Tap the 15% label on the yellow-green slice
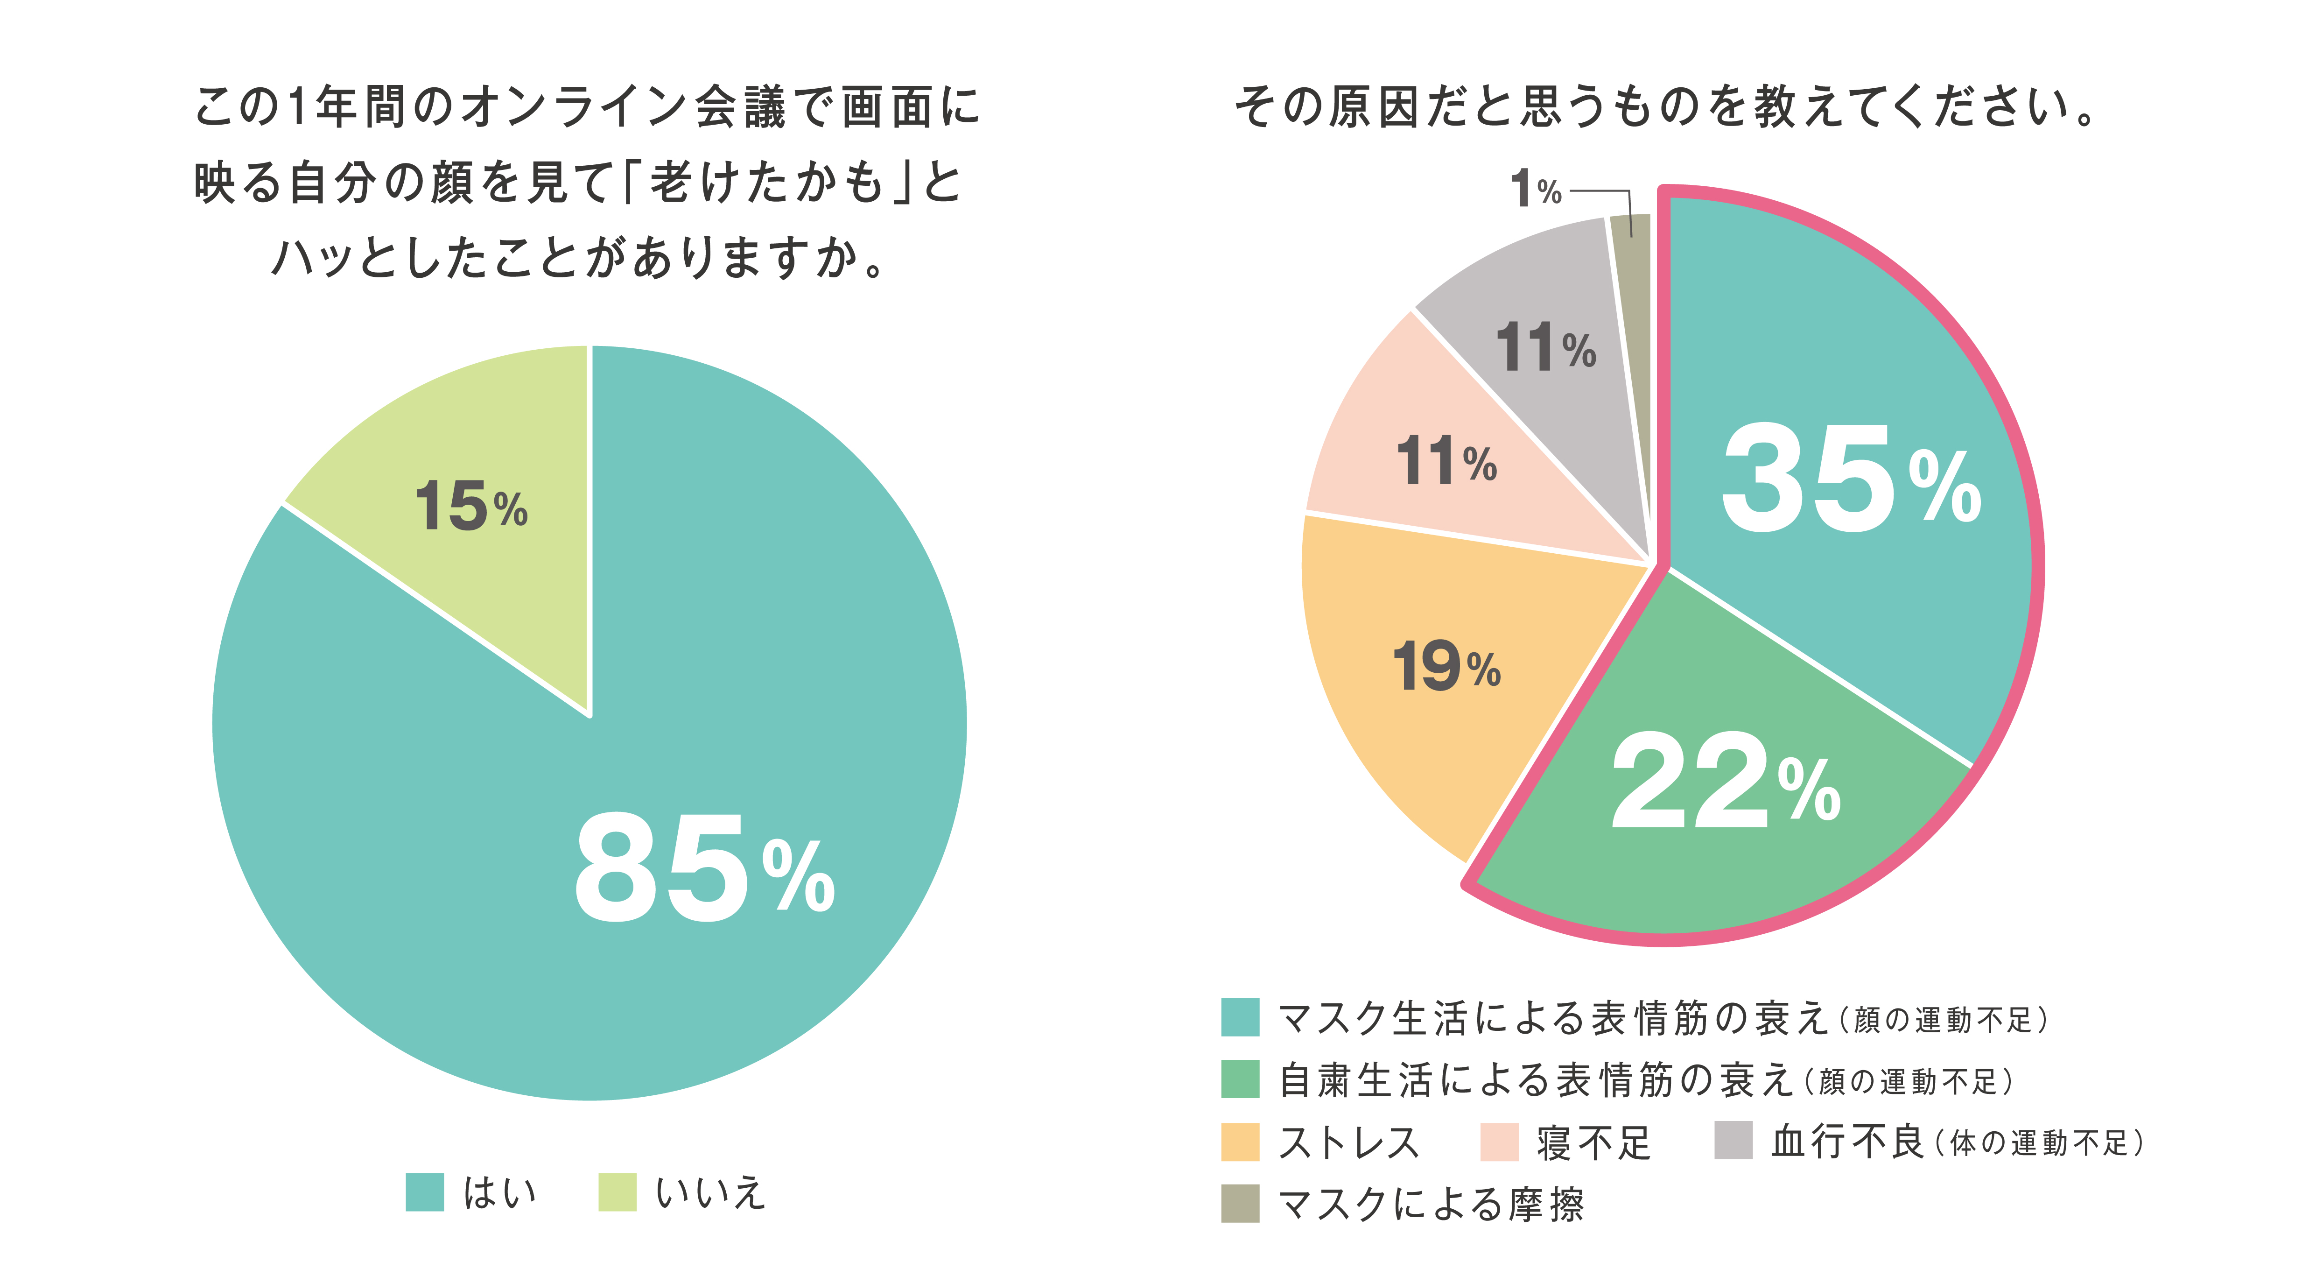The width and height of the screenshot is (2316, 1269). pyautogui.click(x=471, y=507)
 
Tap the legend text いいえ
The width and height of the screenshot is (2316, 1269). pyautogui.click(x=710, y=1192)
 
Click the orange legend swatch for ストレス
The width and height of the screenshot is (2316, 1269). pyautogui.click(x=1240, y=1142)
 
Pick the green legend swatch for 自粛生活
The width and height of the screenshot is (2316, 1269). pyautogui.click(x=1240, y=1079)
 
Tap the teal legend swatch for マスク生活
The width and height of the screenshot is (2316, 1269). pyautogui.click(x=1240, y=1017)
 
